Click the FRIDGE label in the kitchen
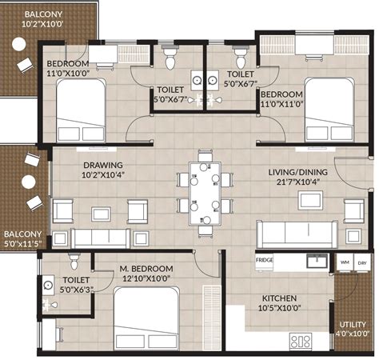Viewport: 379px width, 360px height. click(x=264, y=260)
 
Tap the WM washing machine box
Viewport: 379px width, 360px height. click(x=345, y=262)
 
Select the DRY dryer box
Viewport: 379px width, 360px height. click(x=361, y=262)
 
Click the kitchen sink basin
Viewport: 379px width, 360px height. click(x=317, y=261)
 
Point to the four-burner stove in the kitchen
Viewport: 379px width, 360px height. click(x=301, y=342)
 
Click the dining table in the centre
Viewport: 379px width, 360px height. click(x=205, y=194)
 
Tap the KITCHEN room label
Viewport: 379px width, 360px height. click(x=279, y=298)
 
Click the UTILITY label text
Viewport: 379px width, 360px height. click(x=353, y=325)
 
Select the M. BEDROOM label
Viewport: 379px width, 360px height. click(x=146, y=269)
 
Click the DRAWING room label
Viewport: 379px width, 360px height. click(x=103, y=165)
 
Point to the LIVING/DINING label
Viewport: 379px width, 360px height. click(x=297, y=172)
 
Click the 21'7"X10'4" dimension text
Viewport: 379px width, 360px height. click(x=298, y=182)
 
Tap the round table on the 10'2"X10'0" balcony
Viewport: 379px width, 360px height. click(x=19, y=44)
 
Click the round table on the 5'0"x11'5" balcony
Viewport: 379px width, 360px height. click(x=29, y=182)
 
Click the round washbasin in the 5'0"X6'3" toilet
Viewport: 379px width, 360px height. click(x=48, y=286)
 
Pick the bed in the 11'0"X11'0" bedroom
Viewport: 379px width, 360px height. click(x=329, y=110)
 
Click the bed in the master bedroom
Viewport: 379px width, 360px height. click(x=146, y=318)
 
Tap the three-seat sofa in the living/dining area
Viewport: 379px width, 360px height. click(x=297, y=234)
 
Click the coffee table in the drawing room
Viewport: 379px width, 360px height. click(x=102, y=214)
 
